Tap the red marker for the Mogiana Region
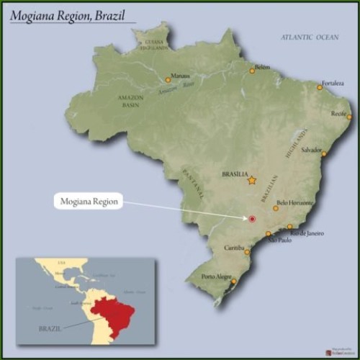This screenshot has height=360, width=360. point(252,219)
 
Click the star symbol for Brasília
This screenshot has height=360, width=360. point(251,181)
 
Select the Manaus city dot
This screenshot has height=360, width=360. point(168,80)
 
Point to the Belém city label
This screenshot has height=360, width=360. point(262,66)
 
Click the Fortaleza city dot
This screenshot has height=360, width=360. point(320,88)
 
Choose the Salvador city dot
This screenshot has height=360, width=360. point(324,154)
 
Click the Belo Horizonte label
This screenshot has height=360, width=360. point(295,203)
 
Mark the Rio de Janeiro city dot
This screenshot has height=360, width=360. point(290,228)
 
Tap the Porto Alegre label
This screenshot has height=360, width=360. point(216,276)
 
